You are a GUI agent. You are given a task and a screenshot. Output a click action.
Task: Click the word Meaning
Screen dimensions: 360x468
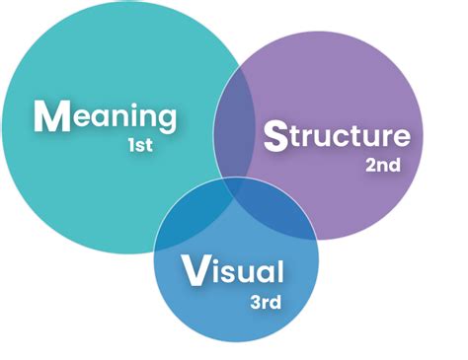(x=106, y=117)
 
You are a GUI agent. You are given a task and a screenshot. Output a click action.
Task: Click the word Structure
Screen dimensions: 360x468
(x=336, y=135)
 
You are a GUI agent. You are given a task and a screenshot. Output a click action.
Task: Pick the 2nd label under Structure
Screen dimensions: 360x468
(x=382, y=165)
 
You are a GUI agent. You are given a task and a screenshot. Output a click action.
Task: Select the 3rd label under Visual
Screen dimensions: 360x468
(x=267, y=301)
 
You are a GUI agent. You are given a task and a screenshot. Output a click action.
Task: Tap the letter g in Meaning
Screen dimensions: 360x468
(x=167, y=122)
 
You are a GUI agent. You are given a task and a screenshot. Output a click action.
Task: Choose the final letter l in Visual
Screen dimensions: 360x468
(x=280, y=267)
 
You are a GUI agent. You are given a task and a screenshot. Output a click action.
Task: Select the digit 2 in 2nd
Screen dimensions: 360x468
(x=369, y=165)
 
